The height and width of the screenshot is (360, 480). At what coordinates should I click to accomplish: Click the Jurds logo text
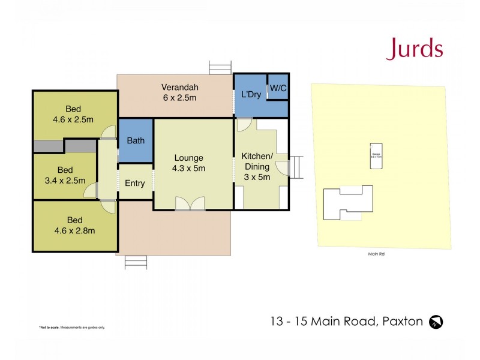tap(414, 49)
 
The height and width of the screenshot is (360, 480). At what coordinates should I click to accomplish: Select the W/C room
tap(278, 88)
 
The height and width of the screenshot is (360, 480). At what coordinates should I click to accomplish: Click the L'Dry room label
tap(250, 95)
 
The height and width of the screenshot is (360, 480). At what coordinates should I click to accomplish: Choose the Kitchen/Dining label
tap(257, 166)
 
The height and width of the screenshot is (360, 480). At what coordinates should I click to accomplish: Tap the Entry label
tap(134, 183)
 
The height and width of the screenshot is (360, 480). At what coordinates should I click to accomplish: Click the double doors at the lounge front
tap(190, 205)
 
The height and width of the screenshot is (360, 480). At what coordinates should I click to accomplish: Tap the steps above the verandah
tap(220, 67)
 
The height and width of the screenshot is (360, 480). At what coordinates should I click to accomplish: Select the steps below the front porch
tap(136, 262)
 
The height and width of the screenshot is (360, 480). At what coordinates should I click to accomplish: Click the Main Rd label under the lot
tap(376, 254)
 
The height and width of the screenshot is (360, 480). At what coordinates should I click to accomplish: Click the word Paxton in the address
tap(402, 322)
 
